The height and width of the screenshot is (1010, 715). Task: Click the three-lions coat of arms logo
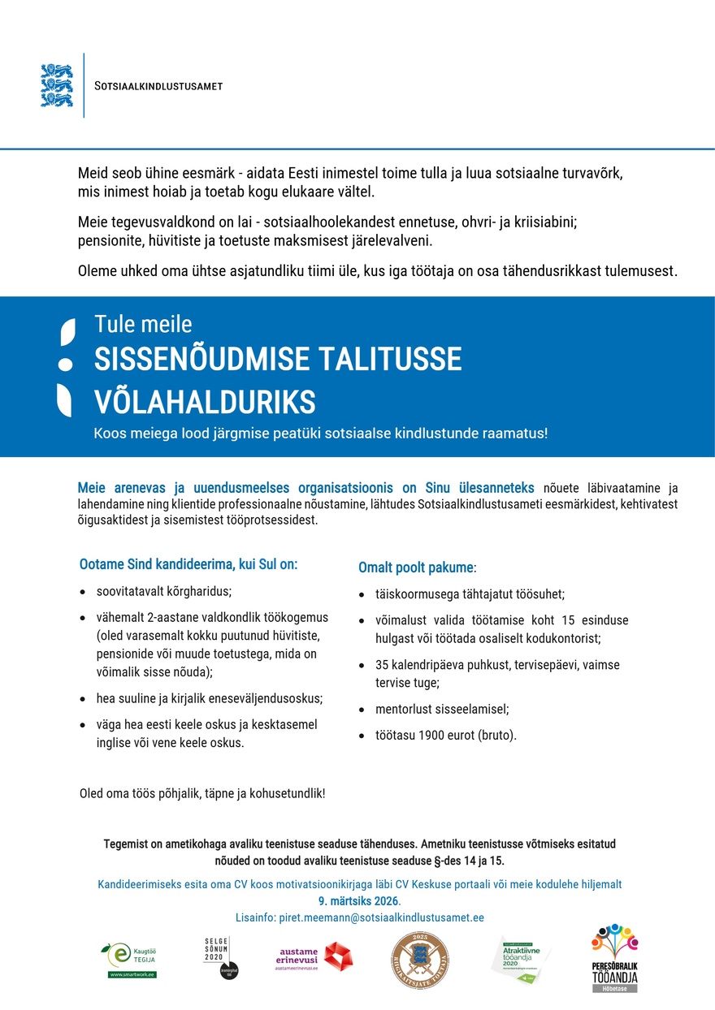tap(56, 85)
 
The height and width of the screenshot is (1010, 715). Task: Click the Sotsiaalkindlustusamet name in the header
tap(158, 86)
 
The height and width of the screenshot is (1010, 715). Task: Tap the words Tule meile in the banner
tap(143, 324)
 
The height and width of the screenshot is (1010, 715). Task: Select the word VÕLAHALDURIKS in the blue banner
tap(205, 401)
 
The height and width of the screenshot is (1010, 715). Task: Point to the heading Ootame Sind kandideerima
tap(188, 563)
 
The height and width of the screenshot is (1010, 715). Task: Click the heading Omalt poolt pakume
tap(418, 567)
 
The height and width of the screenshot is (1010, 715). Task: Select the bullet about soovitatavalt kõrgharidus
tap(164, 591)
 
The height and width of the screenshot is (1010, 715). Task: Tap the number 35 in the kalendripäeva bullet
tap(383, 665)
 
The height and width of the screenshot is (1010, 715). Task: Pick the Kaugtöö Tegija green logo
tap(132, 960)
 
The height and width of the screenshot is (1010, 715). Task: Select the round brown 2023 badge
tap(419, 960)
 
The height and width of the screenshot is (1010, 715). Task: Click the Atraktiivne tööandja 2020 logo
tap(520, 959)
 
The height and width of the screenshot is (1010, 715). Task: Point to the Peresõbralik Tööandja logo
tap(614, 958)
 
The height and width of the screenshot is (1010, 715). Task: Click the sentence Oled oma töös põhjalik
tap(202, 792)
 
